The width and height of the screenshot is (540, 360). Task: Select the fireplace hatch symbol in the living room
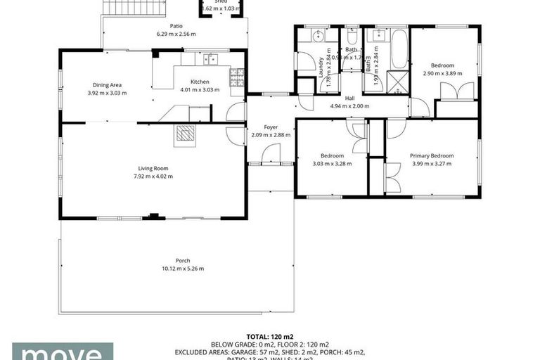(x=185, y=134)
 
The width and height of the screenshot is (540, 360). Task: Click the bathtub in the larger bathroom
(x=399, y=49)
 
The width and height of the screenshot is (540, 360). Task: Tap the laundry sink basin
(x=316, y=36)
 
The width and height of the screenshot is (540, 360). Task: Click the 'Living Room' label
(x=153, y=168)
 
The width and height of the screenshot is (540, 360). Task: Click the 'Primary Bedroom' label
(x=432, y=155)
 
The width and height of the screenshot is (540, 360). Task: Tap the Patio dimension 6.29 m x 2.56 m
(x=176, y=34)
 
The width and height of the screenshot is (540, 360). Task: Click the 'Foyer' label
(x=271, y=127)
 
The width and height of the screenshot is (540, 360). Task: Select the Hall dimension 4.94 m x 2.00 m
(x=349, y=106)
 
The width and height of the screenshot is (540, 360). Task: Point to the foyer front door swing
(x=271, y=153)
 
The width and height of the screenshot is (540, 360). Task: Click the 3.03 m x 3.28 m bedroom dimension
(x=332, y=164)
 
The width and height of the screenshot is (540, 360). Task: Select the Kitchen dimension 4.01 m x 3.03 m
(x=200, y=90)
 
